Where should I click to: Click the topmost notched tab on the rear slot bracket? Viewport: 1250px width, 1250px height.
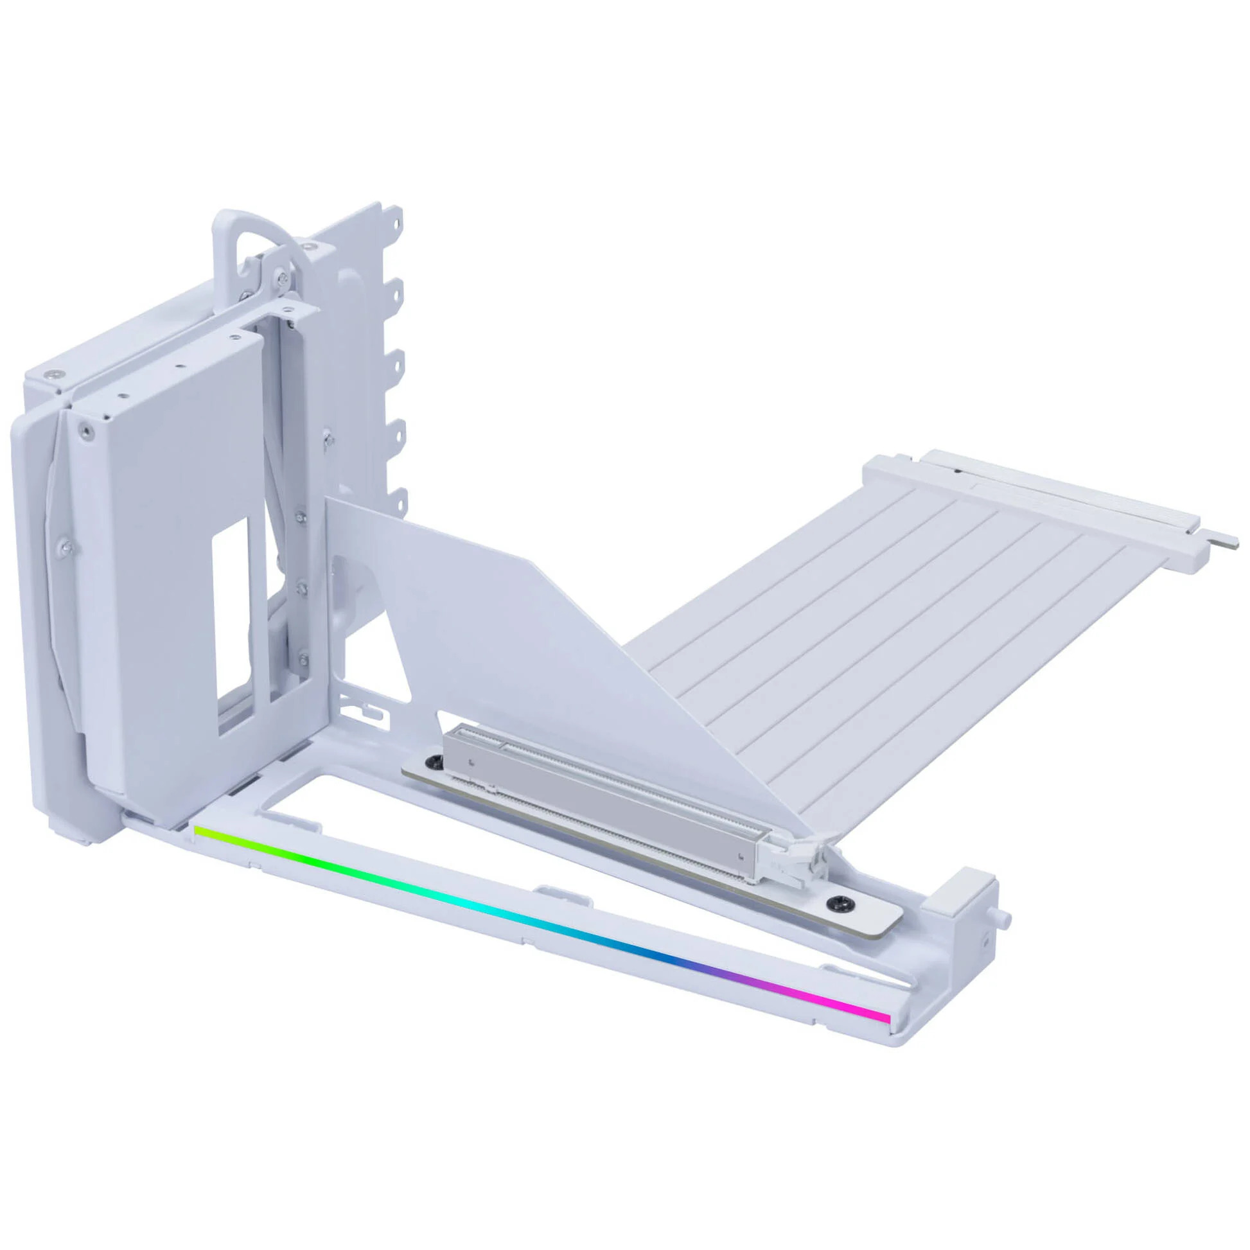tap(396, 216)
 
